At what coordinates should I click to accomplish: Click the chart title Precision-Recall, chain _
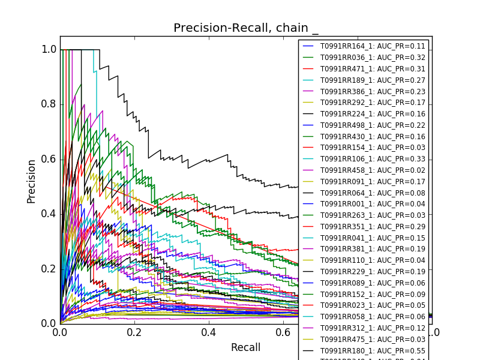(x=246, y=28)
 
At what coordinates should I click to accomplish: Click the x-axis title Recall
(x=245, y=347)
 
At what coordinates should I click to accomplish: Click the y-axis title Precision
(x=32, y=181)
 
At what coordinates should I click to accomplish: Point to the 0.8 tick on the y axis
(x=49, y=104)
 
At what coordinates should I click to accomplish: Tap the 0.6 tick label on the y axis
(x=49, y=159)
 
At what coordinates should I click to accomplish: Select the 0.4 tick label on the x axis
(x=209, y=332)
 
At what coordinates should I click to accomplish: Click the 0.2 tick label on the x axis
(x=134, y=332)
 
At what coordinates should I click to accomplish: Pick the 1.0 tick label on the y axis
(x=49, y=50)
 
